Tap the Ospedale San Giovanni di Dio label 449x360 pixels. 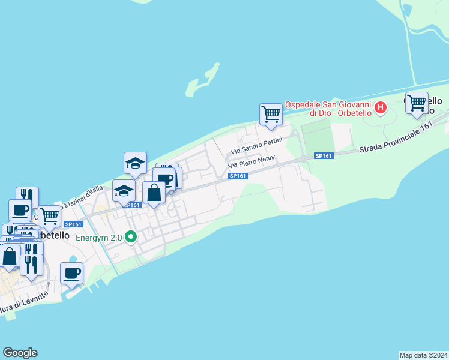click(328, 109)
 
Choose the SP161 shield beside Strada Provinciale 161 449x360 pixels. click(324, 156)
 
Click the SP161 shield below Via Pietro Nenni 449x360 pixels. click(238, 175)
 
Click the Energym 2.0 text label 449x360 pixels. click(98, 238)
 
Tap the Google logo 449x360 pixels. click(20, 352)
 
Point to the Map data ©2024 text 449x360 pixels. click(423, 355)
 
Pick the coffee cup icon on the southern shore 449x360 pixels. click(72, 273)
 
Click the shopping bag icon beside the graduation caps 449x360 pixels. click(154, 193)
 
